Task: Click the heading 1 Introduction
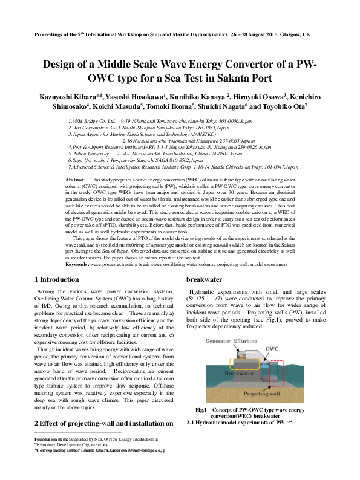coord(57,280)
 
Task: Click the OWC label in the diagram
coord(290,348)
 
